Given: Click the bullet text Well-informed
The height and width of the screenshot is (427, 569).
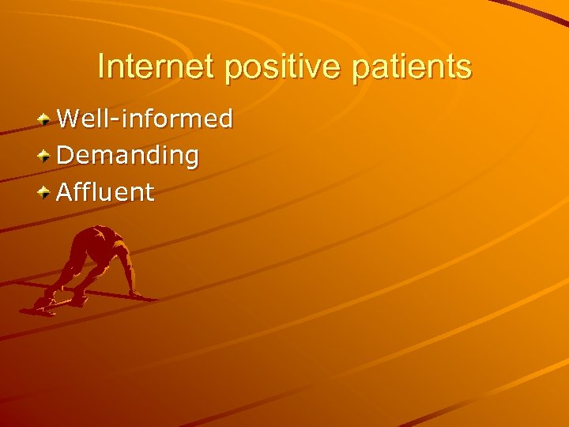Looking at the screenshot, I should pos(145,119).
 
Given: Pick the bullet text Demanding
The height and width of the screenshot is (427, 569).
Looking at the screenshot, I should pos(127,156).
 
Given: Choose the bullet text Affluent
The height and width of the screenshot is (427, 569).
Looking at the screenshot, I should pos(105,191).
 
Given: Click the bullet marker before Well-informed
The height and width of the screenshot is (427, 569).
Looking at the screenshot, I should pos(46,119).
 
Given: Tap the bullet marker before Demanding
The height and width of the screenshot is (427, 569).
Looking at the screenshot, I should pos(46,155).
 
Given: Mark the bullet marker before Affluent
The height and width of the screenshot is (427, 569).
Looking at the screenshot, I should pos(46,191).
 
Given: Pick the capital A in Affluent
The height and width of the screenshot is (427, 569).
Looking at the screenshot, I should pos(65,191).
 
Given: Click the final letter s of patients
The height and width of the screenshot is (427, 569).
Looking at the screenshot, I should pos(464,68).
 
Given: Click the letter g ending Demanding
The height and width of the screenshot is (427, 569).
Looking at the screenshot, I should pos(190,158).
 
